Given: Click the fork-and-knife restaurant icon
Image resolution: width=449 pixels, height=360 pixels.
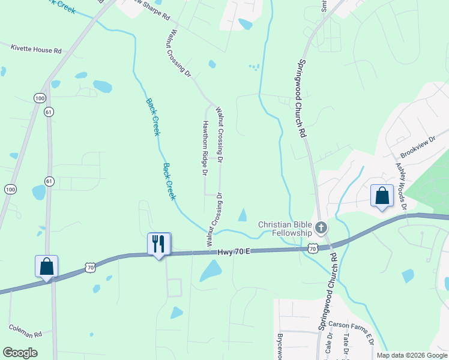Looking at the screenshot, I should tap(159, 244).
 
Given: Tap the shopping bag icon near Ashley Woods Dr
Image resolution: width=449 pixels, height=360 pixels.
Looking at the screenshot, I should tap(382, 196).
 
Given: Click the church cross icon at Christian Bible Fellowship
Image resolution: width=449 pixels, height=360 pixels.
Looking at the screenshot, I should tap(321, 228).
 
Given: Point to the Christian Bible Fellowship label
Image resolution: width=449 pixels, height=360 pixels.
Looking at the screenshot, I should tap(285, 229).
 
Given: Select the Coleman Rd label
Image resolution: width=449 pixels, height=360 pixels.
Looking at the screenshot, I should tap(25, 331).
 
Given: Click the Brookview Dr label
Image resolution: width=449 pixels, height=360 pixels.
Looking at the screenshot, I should tap(418, 151).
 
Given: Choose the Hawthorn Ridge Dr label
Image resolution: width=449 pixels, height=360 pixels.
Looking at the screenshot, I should tap(205, 147).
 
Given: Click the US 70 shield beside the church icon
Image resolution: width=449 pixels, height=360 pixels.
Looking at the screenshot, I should tap(312, 247).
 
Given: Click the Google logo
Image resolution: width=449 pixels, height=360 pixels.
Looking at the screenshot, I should tap(20, 353).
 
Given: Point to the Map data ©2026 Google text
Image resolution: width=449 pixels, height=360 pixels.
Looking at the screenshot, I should tap(411, 355).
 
